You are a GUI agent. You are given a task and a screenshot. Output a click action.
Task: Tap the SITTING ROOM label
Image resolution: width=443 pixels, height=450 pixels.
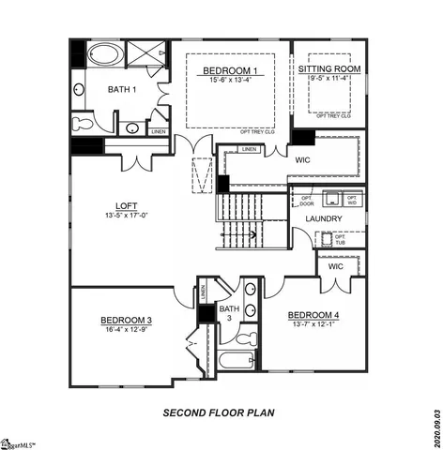[329, 69]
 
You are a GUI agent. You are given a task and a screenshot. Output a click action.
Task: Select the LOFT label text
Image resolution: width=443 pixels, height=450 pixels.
[127, 205]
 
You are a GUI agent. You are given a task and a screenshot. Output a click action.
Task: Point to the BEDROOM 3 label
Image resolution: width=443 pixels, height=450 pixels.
[127, 321]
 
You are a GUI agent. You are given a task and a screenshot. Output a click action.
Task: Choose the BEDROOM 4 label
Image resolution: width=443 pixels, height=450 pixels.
[313, 314]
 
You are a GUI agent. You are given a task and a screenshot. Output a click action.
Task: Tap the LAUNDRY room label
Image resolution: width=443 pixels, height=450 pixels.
[323, 218]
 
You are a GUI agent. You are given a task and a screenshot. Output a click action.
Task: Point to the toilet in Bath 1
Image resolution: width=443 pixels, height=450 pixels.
[82, 123]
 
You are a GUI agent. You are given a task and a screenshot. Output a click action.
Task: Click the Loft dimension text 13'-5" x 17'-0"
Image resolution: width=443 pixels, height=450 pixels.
[127, 216]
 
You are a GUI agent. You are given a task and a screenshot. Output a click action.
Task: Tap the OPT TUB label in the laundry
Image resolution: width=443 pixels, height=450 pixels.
[340, 238]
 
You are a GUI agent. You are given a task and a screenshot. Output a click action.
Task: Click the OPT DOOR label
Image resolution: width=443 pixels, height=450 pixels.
[306, 201]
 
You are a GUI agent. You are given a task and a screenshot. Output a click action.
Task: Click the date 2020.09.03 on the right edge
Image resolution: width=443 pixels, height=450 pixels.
[436, 426]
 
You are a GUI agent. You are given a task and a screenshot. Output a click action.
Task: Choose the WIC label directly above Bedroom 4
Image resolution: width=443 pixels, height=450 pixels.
[335, 267]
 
